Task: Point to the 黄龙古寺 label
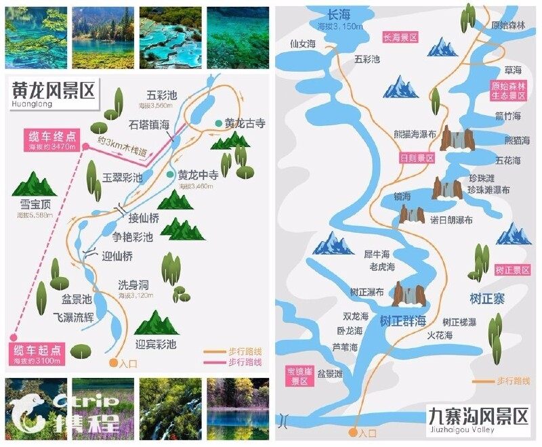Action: (x=245, y=124)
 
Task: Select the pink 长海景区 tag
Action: (x=400, y=38)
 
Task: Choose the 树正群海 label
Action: (x=402, y=320)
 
